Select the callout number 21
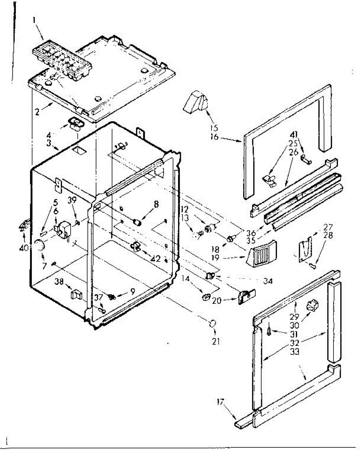point(216,341)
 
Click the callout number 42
point(155,260)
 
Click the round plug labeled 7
point(39,247)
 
